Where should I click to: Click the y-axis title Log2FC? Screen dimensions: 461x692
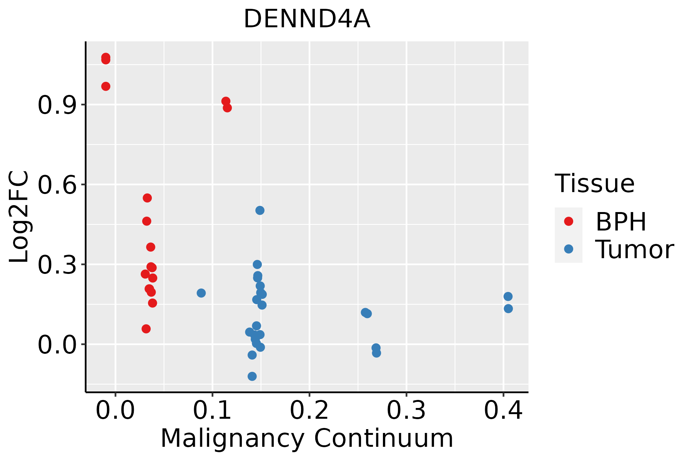pyautogui.click(x=19, y=217)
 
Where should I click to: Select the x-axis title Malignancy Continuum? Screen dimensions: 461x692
pyautogui.click(x=307, y=438)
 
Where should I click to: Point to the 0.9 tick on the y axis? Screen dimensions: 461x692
pyautogui.click(x=56, y=105)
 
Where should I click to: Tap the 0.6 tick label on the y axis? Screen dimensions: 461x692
pyautogui.click(x=56, y=185)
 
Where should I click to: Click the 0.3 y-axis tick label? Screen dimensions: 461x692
pyautogui.click(x=56, y=265)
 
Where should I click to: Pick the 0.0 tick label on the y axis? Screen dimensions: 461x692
pyautogui.click(x=56, y=345)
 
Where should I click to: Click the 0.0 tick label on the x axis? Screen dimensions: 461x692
pyautogui.click(x=115, y=410)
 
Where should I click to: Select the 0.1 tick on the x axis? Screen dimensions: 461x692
pyautogui.click(x=212, y=410)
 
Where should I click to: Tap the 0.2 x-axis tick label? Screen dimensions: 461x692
pyautogui.click(x=309, y=410)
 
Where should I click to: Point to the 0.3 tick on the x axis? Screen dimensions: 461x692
pyautogui.click(x=406, y=410)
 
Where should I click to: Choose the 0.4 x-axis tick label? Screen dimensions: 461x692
pyautogui.click(x=503, y=410)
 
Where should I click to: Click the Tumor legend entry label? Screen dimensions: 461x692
pyautogui.click(x=634, y=249)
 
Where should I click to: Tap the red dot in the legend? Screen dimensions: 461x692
pyautogui.click(x=568, y=221)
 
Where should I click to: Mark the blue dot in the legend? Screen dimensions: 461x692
pyautogui.click(x=568, y=249)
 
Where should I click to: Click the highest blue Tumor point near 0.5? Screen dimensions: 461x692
pyautogui.click(x=260, y=210)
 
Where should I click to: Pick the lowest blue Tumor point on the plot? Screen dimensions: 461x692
pyautogui.click(x=252, y=376)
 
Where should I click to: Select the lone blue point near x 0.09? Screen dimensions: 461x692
pyautogui.click(x=201, y=293)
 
